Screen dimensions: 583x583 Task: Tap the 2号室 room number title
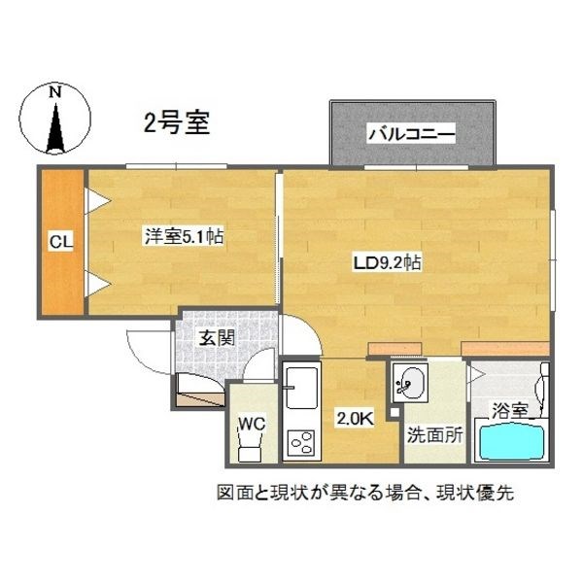tap(172, 123)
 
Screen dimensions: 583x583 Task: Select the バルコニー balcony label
tap(411, 135)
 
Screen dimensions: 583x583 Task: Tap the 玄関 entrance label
tap(216, 338)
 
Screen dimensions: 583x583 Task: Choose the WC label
tap(251, 424)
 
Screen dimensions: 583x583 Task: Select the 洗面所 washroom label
tap(433, 434)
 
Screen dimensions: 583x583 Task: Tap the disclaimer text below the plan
tap(364, 492)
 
